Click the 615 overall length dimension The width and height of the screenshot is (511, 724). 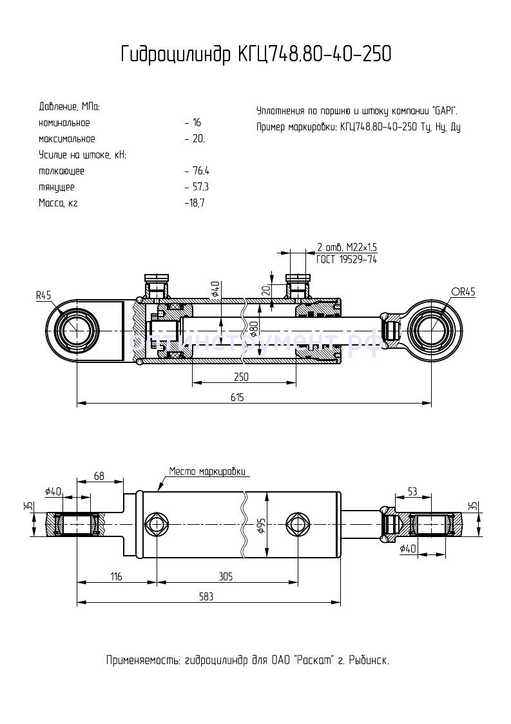coord(236,397)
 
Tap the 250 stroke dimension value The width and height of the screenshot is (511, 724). coord(241,376)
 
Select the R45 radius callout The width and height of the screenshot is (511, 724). coord(43,295)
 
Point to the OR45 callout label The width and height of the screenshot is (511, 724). coord(463,292)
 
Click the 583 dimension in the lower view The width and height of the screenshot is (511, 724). coord(206,597)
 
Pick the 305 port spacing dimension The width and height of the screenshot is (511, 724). coord(226,576)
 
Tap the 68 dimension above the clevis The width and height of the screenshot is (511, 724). coord(99,476)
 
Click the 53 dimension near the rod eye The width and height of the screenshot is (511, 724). coord(412,493)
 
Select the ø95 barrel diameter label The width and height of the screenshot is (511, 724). coord(262,525)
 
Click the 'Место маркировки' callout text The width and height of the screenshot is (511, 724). coord(207,471)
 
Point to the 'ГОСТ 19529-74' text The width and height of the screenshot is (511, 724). coord(346,259)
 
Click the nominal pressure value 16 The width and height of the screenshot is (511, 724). coord(197,122)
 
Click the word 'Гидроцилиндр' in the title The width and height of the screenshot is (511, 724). coord(174,55)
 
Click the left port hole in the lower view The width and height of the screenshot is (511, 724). coord(157,523)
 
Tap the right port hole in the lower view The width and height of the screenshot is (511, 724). coord(298,523)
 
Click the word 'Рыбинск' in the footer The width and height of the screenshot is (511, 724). coord(367,661)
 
